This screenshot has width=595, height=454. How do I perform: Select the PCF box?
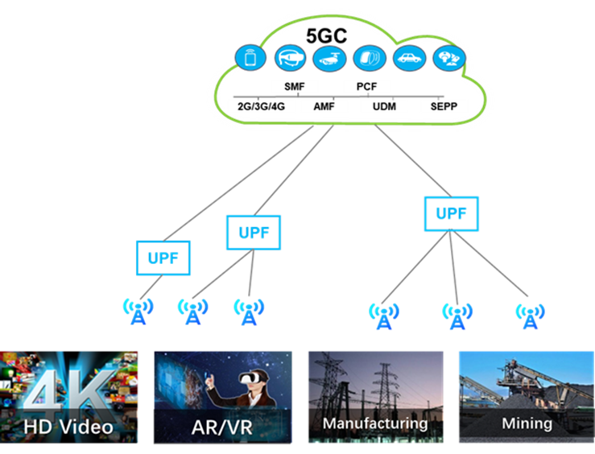[367, 86]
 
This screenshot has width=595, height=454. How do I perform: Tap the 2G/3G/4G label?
[262, 106]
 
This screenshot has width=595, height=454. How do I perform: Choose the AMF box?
[324, 106]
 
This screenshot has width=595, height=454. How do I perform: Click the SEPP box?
[444, 106]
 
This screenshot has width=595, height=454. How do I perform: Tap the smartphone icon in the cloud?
[250, 58]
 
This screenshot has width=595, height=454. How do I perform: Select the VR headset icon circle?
[291, 58]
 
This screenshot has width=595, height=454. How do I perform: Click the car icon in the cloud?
[409, 58]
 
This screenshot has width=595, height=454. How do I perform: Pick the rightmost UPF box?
[451, 214]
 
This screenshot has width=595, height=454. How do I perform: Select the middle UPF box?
[254, 233]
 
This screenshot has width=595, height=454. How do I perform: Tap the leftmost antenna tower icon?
[138, 312]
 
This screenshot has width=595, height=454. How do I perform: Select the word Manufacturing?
[374, 423]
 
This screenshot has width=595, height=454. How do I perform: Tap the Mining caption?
[527, 423]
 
